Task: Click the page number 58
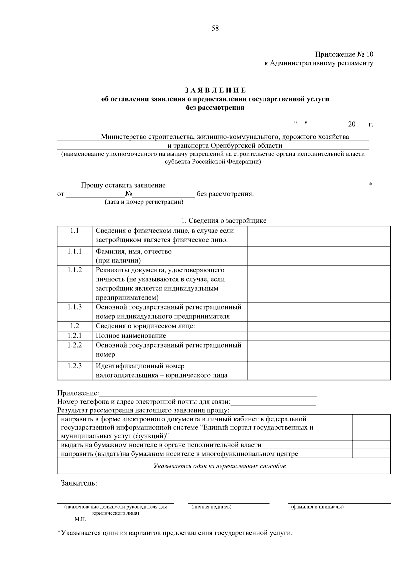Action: tap(215, 28)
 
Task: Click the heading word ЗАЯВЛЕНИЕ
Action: tap(215, 90)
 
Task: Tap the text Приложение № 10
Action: tap(344, 54)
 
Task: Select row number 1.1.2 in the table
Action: tap(74, 270)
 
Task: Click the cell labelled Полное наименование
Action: tap(131, 336)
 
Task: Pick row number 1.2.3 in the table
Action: tap(74, 366)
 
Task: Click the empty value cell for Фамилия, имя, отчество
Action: tap(319, 256)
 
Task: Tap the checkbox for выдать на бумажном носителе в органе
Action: tap(371, 445)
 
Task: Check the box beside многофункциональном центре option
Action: tap(371, 454)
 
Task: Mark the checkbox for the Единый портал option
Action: tap(371, 427)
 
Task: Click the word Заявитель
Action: tap(79, 483)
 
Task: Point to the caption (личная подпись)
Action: tap(211, 507)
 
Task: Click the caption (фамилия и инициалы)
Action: tap(317, 507)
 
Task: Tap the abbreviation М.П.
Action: tap(80, 520)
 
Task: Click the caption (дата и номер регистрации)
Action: tap(144, 202)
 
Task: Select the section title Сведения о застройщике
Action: tap(227, 220)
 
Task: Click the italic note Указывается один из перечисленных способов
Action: tap(219, 466)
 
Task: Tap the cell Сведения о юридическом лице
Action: tap(145, 326)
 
